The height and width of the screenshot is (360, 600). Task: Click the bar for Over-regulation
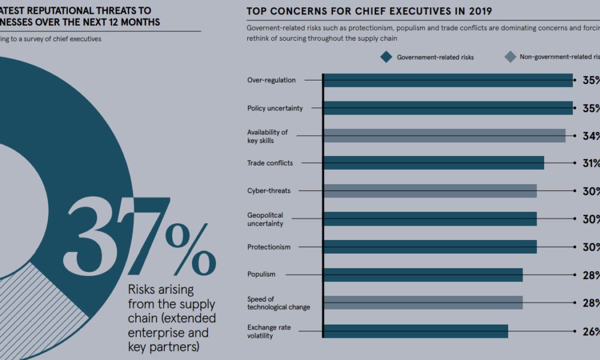point(448,80)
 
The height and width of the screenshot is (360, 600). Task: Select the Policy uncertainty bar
point(448,108)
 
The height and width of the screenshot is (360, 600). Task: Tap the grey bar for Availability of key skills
point(444,136)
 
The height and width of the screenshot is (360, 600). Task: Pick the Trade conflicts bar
point(433,163)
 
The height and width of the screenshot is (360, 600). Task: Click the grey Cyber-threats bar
point(430,191)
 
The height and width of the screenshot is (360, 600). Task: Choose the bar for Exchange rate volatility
point(415,331)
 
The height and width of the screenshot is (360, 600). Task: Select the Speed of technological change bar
point(422,302)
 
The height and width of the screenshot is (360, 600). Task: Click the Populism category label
point(261,274)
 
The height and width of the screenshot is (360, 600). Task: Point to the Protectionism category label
point(268,247)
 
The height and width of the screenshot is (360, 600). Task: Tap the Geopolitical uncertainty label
point(265,219)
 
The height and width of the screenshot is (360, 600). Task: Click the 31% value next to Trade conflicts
point(590,163)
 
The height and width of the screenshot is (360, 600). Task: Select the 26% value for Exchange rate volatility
point(590,331)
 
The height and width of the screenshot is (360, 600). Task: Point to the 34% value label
point(590,136)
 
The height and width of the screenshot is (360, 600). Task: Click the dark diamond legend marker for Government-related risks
point(386,57)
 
